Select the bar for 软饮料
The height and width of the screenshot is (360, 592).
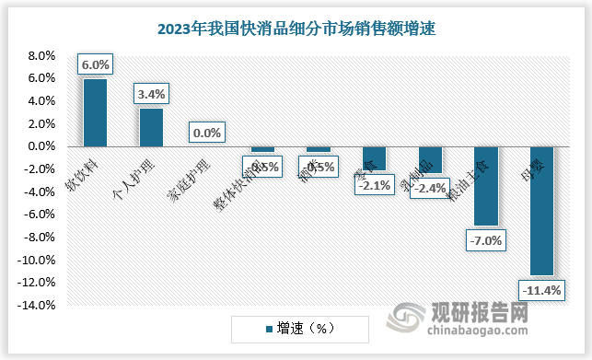coord(96,112)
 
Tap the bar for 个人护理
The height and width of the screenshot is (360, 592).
coord(151,127)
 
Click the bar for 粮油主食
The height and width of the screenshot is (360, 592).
coord(486,185)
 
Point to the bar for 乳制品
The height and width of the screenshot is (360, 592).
coord(430,159)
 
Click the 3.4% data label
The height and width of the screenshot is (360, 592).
coord(151,93)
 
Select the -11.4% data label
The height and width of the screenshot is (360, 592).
coord(542,291)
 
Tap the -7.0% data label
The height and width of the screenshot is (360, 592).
coord(486,241)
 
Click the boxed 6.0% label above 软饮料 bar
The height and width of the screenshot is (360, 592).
coord(96,64)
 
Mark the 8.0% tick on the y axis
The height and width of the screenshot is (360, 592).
coord(41,55)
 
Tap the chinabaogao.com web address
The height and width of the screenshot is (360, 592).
coord(479,332)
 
